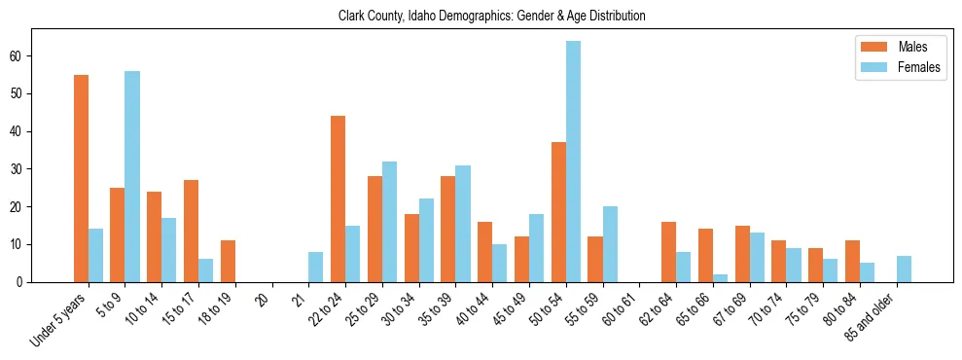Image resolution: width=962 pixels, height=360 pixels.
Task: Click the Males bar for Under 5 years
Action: click(x=81, y=178)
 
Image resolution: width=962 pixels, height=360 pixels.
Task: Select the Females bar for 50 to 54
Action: click(x=574, y=162)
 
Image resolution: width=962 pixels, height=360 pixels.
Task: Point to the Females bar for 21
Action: click(x=316, y=267)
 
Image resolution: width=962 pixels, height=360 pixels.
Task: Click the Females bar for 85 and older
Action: click(x=905, y=269)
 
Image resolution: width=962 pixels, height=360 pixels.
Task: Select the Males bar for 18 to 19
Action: click(x=228, y=261)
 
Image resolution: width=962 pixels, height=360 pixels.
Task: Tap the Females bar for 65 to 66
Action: click(x=721, y=278)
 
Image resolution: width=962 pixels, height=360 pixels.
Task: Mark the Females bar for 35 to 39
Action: click(x=463, y=224)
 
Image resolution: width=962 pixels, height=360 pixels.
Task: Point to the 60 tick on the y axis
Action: click(x=21, y=56)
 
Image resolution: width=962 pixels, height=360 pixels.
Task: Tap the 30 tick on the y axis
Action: click(x=21, y=169)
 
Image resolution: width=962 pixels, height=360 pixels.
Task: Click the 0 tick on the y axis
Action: click(x=24, y=282)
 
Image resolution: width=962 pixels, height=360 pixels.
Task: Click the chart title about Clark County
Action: click(x=491, y=16)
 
